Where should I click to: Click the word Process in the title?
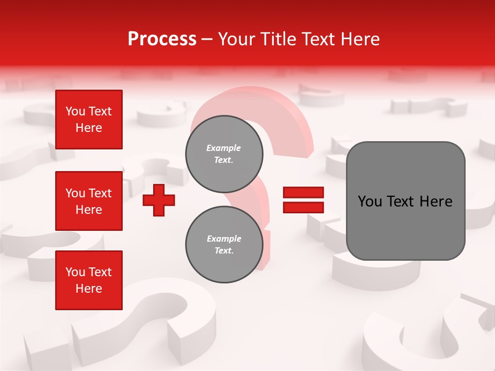click(x=162, y=39)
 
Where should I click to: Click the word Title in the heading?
click(x=277, y=39)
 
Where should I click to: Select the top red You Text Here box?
click(x=89, y=120)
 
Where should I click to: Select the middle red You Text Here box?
click(x=89, y=201)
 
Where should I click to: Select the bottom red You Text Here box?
click(x=89, y=280)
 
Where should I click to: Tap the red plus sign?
click(x=159, y=200)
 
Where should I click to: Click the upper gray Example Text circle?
click(x=224, y=154)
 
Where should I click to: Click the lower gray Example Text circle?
click(x=224, y=245)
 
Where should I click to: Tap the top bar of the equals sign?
click(x=303, y=192)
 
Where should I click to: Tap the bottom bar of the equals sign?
click(x=303, y=208)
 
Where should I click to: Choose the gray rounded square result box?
click(x=405, y=201)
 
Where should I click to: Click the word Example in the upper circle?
click(x=224, y=148)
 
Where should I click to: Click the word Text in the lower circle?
click(x=224, y=251)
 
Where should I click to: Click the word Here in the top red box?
click(x=89, y=128)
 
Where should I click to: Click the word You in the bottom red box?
click(x=74, y=272)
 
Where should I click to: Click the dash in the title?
click(x=207, y=39)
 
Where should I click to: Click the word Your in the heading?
click(x=236, y=39)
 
